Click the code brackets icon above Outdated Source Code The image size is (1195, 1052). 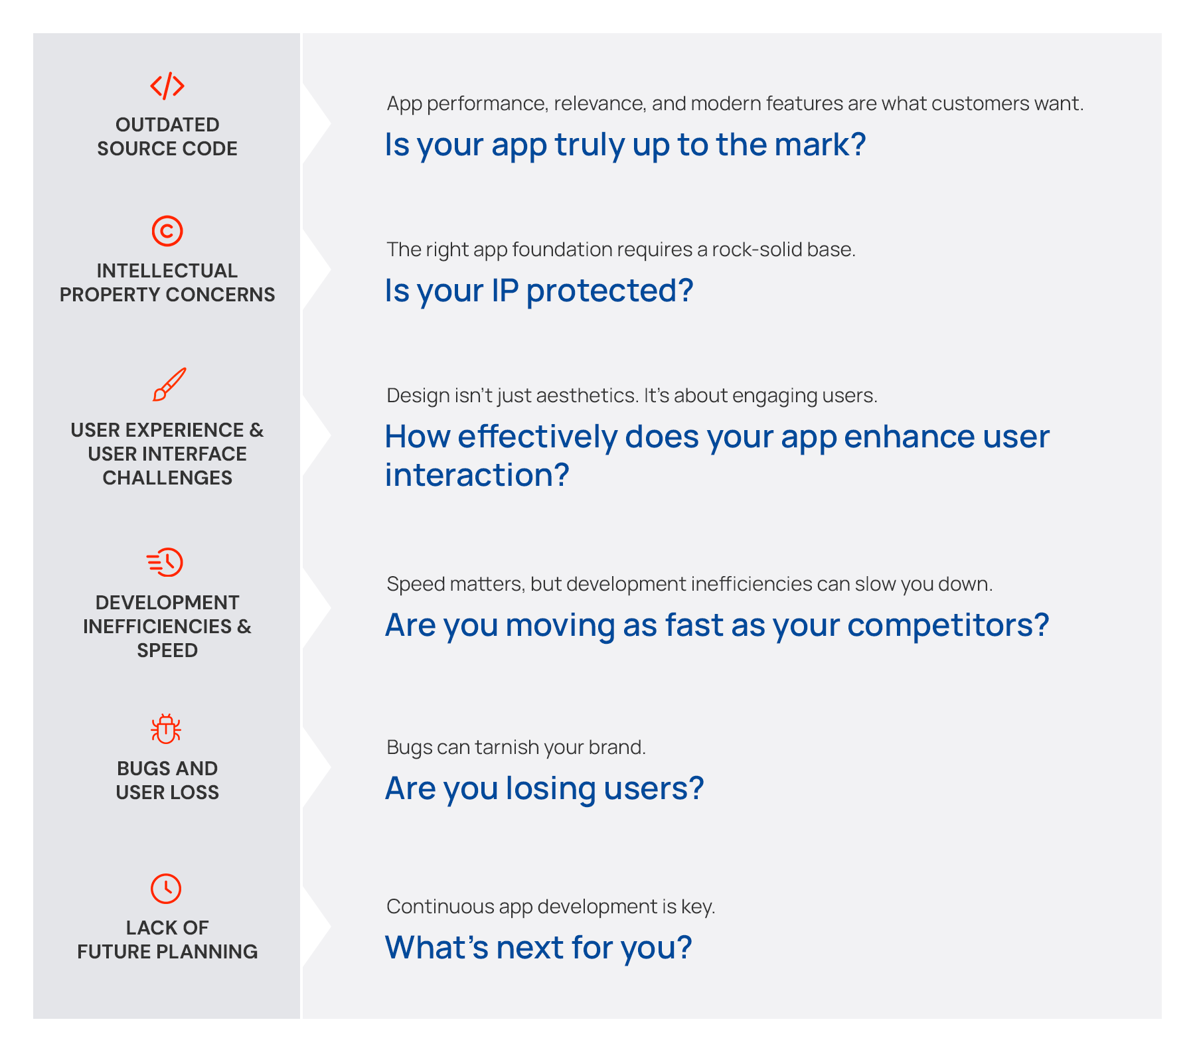pyautogui.click(x=167, y=86)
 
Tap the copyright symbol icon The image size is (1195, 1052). pyautogui.click(x=167, y=231)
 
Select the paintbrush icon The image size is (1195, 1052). pyautogui.click(x=169, y=384)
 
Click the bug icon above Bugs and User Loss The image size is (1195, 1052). pyautogui.click(x=166, y=729)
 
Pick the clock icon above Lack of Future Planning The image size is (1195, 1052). pyautogui.click(x=166, y=888)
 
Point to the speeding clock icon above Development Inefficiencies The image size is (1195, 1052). pyautogui.click(x=165, y=562)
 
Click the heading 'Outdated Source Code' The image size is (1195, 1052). pyautogui.click(x=167, y=136)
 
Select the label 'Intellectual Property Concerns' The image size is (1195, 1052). pyautogui.click(x=167, y=282)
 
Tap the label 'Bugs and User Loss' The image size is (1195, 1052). pyautogui.click(x=167, y=780)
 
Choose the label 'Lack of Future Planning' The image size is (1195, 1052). pyautogui.click(x=167, y=939)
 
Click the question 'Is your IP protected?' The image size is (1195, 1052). pyautogui.click(x=539, y=291)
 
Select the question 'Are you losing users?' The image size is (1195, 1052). pyautogui.click(x=544, y=789)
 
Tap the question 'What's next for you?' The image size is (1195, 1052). pyautogui.click(x=538, y=948)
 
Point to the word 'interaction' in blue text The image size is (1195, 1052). pyautogui.click(x=477, y=475)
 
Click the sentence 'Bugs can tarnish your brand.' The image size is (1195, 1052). pyautogui.click(x=516, y=747)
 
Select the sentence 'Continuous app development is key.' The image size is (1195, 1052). pyautogui.click(x=551, y=907)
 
